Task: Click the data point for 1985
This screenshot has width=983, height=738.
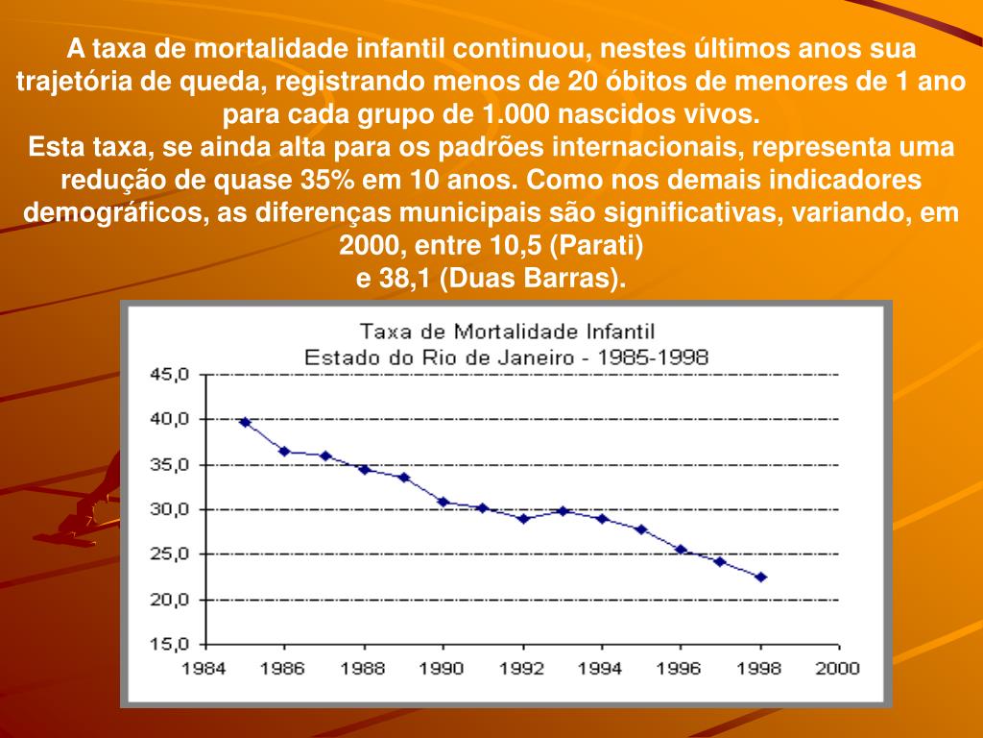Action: pyautogui.click(x=245, y=422)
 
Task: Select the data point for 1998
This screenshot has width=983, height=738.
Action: pyautogui.click(x=761, y=578)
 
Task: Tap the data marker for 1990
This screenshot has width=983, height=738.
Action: pyautogui.click(x=444, y=502)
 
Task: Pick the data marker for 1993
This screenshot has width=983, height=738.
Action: pyautogui.click(x=563, y=511)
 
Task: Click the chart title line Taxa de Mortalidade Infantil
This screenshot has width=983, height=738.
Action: pyautogui.click(x=507, y=332)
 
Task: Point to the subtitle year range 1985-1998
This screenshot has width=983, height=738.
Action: pyautogui.click(x=656, y=357)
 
